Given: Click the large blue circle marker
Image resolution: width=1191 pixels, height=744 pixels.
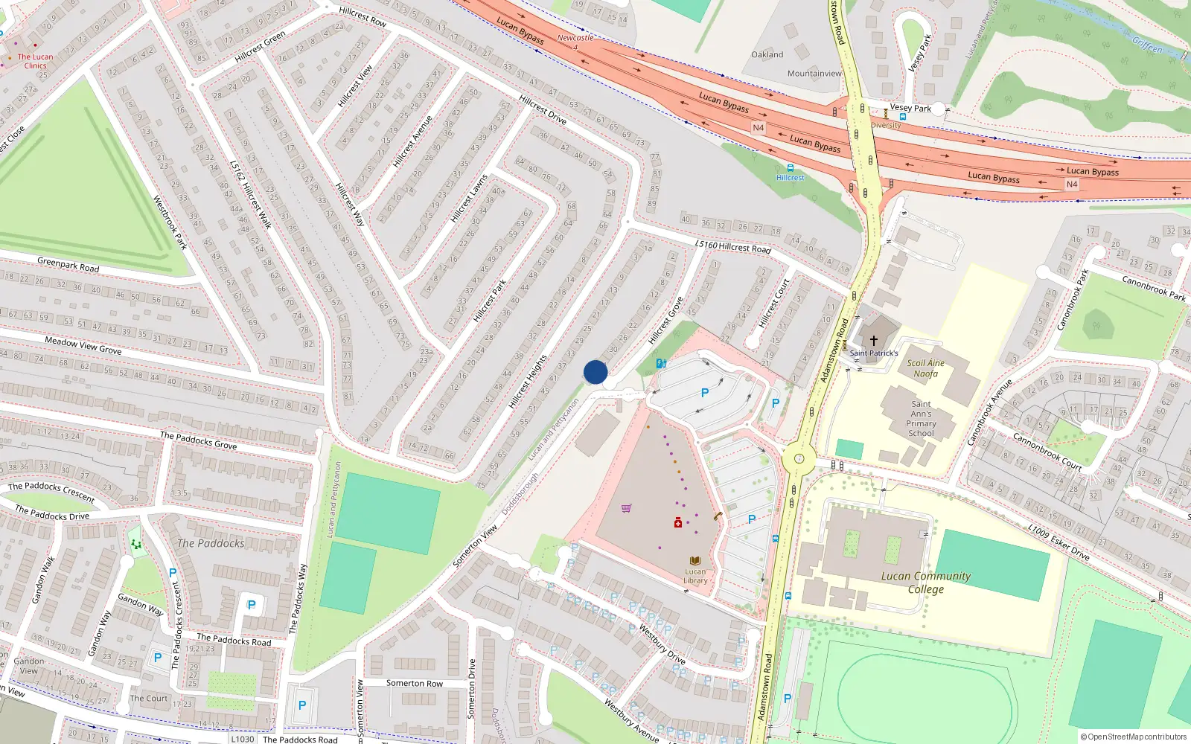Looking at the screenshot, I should (x=595, y=372).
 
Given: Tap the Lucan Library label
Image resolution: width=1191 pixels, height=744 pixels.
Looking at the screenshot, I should (x=695, y=575).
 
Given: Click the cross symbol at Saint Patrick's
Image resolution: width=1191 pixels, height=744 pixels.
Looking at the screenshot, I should (x=874, y=340).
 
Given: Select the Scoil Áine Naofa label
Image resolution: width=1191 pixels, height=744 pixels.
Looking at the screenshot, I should (x=925, y=368).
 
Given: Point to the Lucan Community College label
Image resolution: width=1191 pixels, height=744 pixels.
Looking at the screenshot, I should (x=925, y=582).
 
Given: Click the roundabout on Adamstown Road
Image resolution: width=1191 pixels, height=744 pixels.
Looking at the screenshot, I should (x=798, y=458).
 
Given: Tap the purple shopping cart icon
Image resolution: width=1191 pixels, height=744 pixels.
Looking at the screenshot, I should (x=627, y=509).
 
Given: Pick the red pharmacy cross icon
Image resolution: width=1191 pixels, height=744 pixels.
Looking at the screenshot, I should (x=678, y=523).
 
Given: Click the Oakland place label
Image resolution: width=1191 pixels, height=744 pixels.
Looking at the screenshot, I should (x=767, y=54).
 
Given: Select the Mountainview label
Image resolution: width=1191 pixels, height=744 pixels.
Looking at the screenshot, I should (x=814, y=74).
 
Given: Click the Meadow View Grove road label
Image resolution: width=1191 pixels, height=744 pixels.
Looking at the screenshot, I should (x=83, y=345).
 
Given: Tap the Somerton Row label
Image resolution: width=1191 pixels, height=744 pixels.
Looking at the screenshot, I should (x=414, y=683).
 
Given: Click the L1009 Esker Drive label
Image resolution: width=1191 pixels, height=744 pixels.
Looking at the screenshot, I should (x=1059, y=542).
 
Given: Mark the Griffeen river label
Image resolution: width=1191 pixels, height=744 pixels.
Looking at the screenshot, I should (x=1147, y=46).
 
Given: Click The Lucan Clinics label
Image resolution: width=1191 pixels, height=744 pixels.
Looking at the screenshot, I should (x=35, y=61).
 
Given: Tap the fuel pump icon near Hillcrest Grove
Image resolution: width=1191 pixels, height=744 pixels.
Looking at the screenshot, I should (x=661, y=363).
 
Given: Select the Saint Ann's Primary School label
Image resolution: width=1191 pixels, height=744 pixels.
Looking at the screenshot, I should (x=921, y=418).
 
